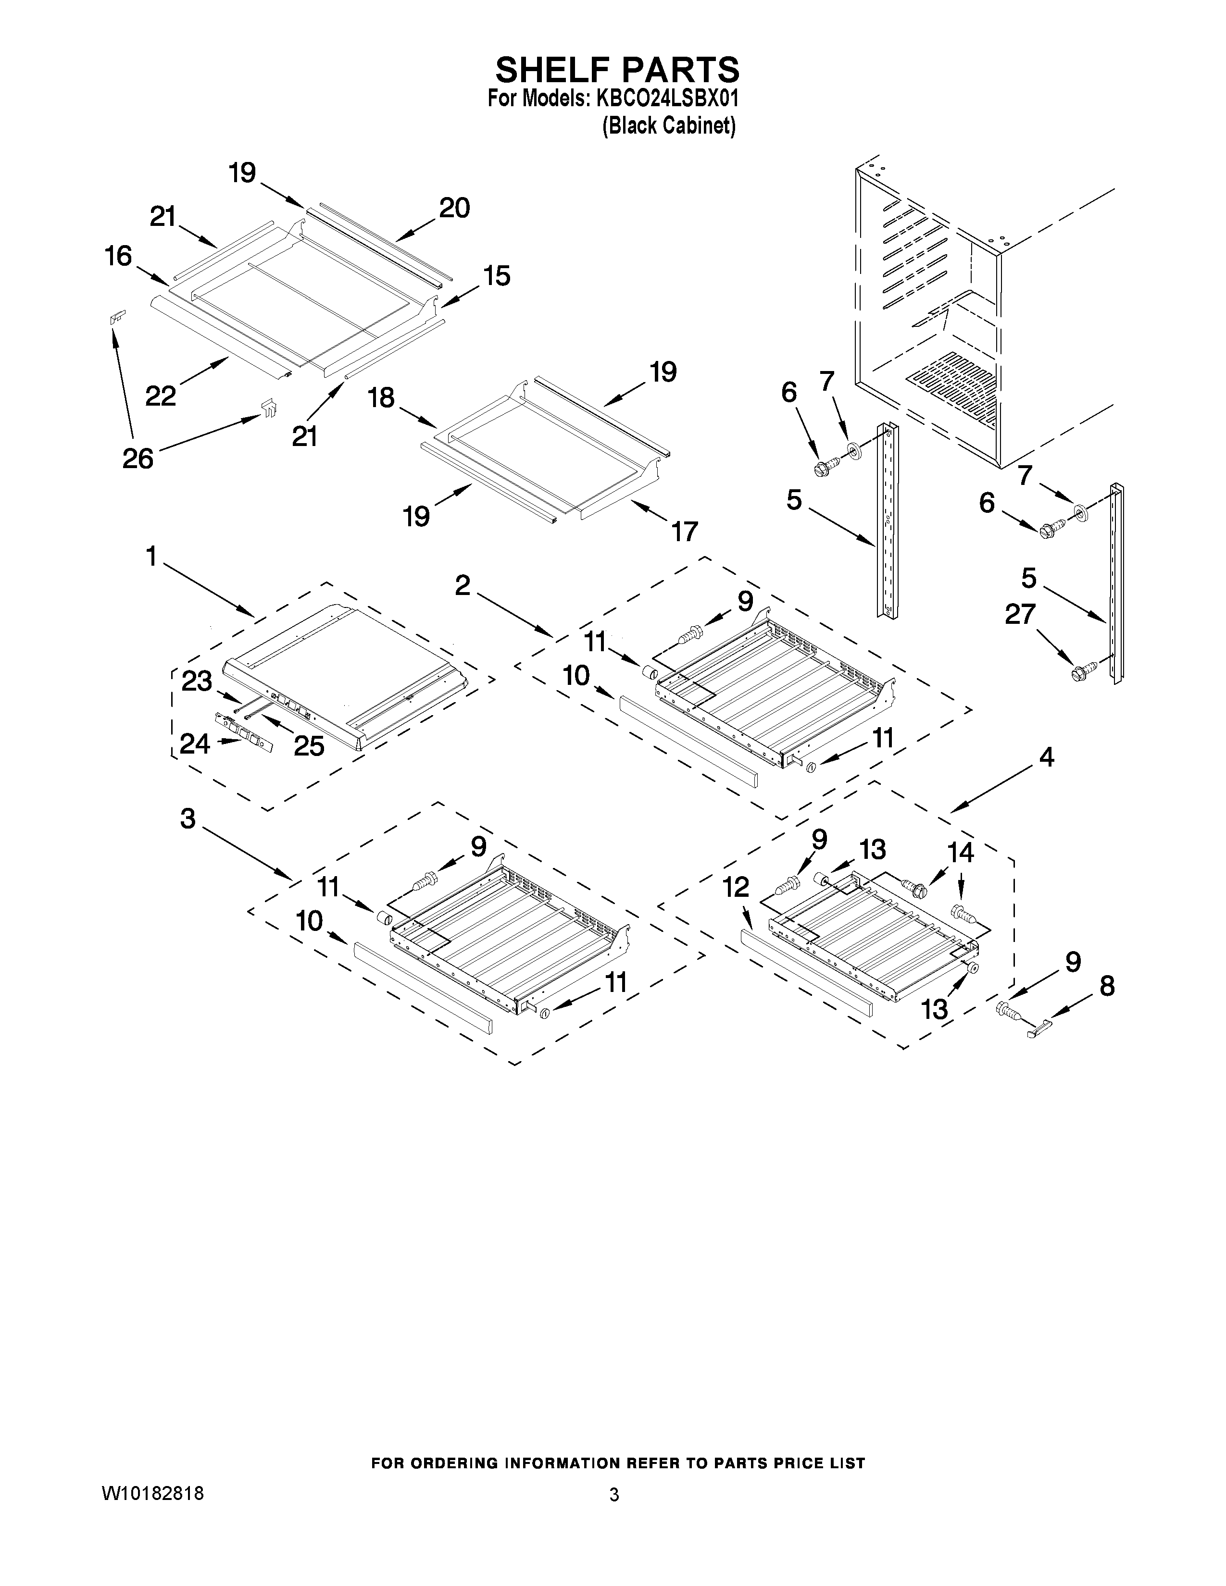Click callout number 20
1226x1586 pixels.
coord(455,209)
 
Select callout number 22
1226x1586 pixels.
coord(161,395)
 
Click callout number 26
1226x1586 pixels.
coord(138,458)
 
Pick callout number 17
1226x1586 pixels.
coord(684,531)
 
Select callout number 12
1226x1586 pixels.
coord(736,886)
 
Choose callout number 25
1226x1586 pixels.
coord(309,746)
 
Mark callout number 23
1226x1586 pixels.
coord(196,681)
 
